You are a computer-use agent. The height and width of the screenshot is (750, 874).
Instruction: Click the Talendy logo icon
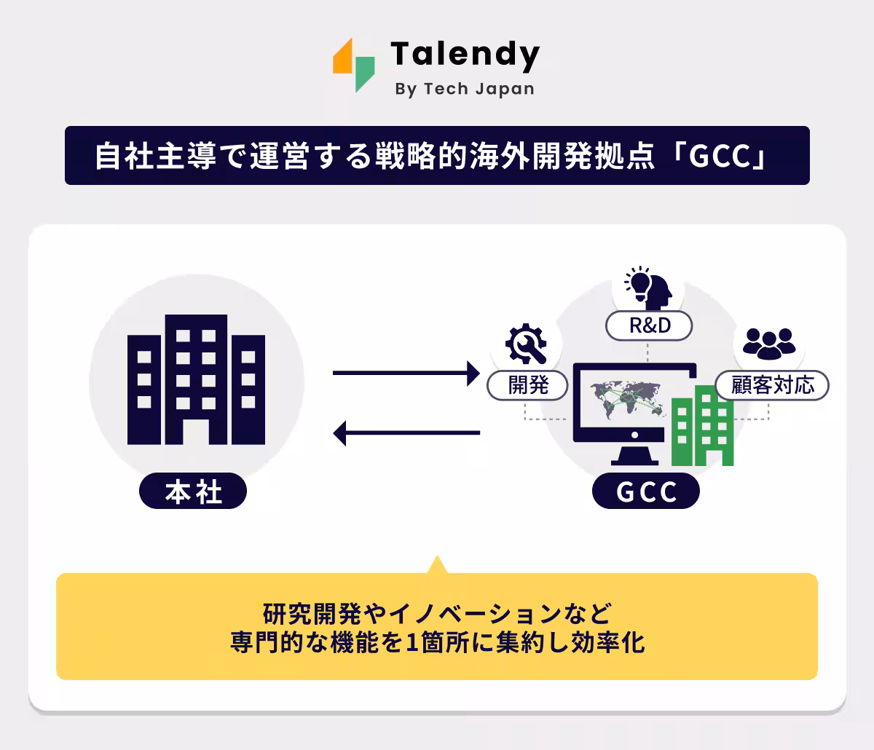(354, 64)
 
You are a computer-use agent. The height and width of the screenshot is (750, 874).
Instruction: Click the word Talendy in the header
(465, 54)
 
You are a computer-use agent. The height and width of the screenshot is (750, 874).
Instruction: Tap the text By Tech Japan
(464, 89)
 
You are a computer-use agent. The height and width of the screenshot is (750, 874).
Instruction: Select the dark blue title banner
(437, 156)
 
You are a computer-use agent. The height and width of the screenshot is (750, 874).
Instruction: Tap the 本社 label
(193, 492)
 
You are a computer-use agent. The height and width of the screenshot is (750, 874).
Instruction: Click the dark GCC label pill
(646, 492)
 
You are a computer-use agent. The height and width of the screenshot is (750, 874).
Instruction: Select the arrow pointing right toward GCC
(406, 374)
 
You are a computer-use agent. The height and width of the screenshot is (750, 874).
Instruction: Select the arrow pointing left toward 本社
(406, 433)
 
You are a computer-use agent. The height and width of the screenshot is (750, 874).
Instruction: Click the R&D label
(649, 325)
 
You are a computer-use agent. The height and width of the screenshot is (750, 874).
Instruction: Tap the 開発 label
(528, 384)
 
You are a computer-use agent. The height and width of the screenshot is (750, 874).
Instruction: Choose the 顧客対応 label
(772, 384)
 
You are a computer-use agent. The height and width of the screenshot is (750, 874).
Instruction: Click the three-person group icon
(769, 342)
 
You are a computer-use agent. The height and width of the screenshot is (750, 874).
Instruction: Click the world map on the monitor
(628, 400)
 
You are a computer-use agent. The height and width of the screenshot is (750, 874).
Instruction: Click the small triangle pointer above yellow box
(436, 565)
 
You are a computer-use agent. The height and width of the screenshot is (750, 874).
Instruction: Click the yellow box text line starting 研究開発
(437, 613)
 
